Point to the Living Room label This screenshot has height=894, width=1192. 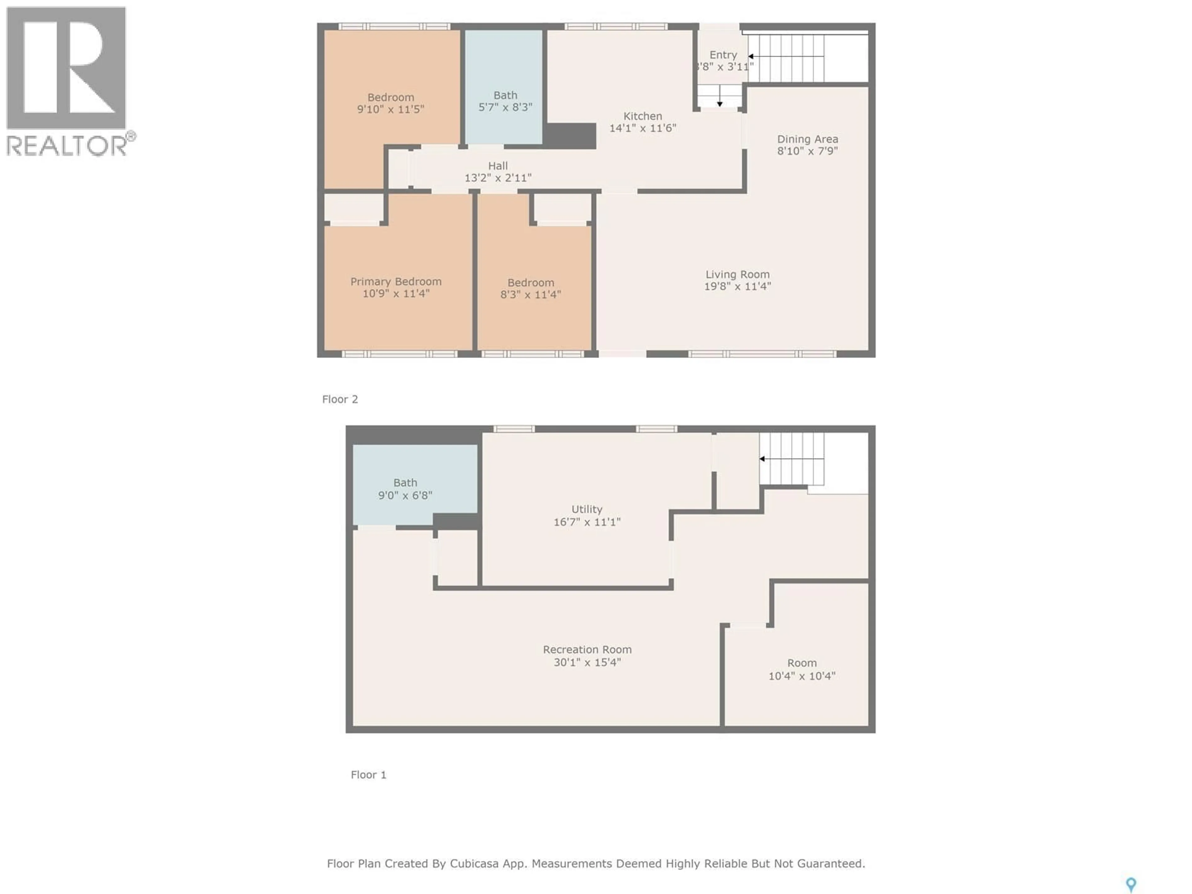coord(737,274)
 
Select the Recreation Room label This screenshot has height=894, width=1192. coord(587,649)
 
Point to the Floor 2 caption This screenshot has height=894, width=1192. coord(340,399)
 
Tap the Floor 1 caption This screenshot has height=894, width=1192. coord(368,774)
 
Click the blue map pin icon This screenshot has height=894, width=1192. coord(1131,884)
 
